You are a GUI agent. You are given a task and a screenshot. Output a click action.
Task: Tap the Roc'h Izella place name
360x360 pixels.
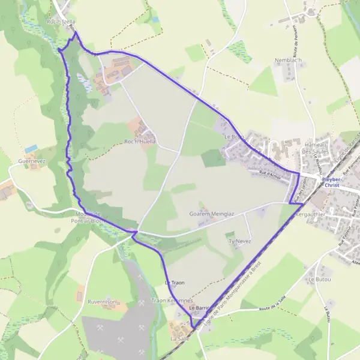point(61,21)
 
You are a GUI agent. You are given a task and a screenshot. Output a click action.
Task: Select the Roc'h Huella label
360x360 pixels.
point(140,141)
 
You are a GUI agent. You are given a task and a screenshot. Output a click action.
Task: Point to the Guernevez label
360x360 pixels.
point(31,161)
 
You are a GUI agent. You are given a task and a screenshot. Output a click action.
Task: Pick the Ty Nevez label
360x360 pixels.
point(239,241)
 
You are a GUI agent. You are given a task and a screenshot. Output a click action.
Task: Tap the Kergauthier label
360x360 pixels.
point(310,213)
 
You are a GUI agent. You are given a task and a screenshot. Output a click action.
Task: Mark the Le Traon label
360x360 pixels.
point(175,282)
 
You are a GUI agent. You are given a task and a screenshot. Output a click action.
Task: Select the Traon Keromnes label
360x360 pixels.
point(172,300)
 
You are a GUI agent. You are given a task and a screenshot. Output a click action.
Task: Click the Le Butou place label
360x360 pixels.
point(319,280)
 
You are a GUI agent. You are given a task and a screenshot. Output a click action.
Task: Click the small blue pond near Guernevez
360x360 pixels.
point(31,148)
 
